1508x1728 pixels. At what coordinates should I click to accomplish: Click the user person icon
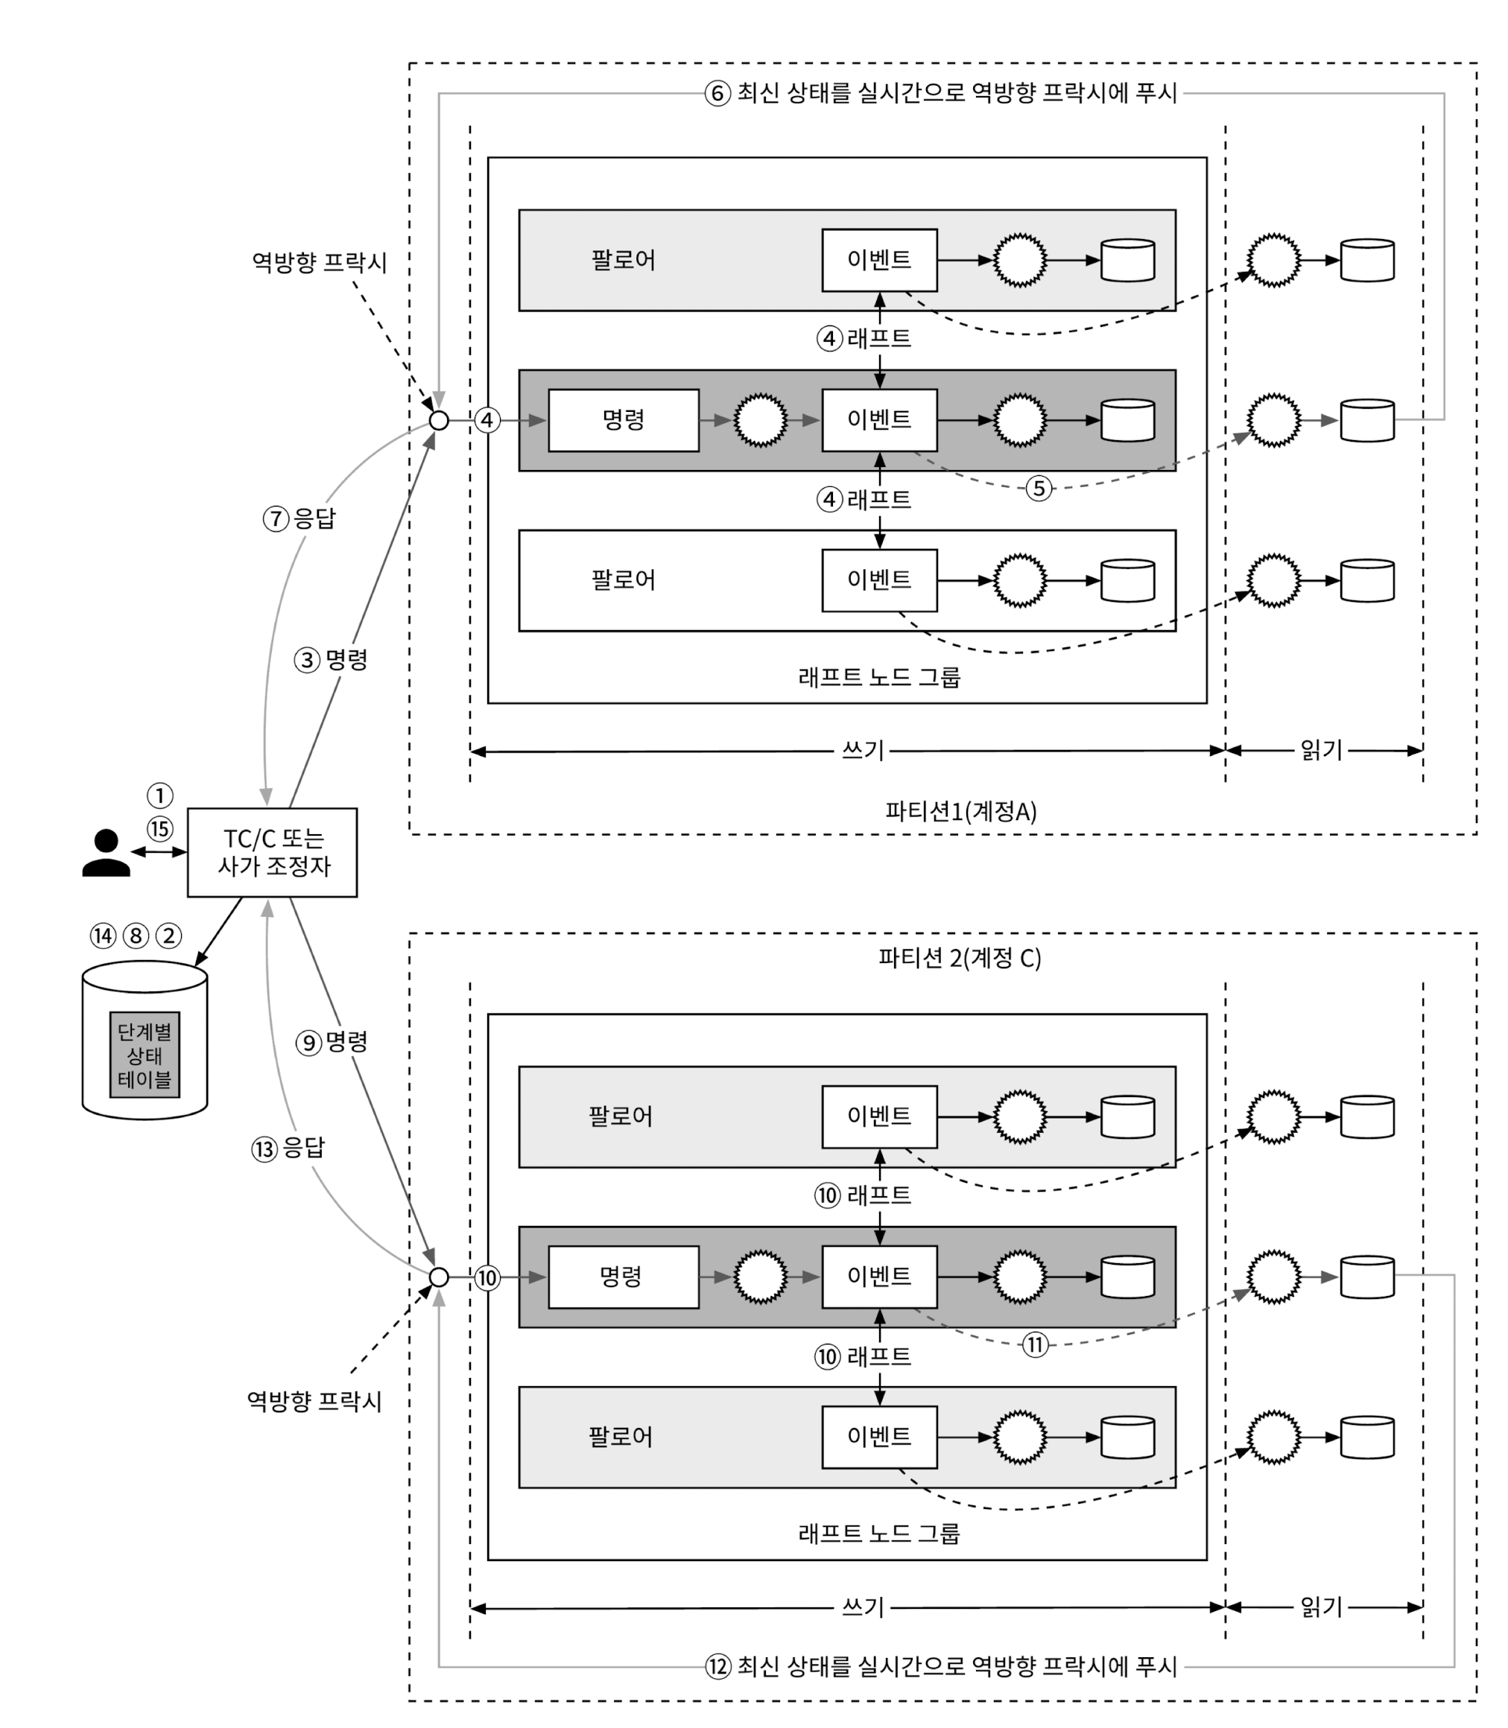point(106,853)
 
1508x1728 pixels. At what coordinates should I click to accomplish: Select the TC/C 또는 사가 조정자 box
point(272,852)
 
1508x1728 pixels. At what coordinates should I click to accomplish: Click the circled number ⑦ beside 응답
point(276,518)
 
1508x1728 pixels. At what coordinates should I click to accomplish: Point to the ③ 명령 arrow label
point(332,660)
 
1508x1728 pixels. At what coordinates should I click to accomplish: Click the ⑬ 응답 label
point(288,1149)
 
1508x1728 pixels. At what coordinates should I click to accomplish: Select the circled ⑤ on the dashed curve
point(1039,488)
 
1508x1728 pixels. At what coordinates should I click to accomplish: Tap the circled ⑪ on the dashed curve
point(1035,1344)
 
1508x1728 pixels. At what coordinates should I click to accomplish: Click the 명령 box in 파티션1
point(624,420)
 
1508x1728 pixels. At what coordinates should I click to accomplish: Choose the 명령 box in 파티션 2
point(624,1277)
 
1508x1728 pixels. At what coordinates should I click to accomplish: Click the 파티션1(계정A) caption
point(960,811)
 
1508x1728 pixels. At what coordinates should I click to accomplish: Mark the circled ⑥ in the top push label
point(717,93)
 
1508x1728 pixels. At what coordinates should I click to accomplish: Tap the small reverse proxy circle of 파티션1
point(438,420)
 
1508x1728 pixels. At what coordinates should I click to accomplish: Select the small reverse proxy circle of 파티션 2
point(438,1277)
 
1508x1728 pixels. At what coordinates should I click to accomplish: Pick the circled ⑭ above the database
point(103,936)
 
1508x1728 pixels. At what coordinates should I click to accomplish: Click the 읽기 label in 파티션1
point(1321,749)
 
